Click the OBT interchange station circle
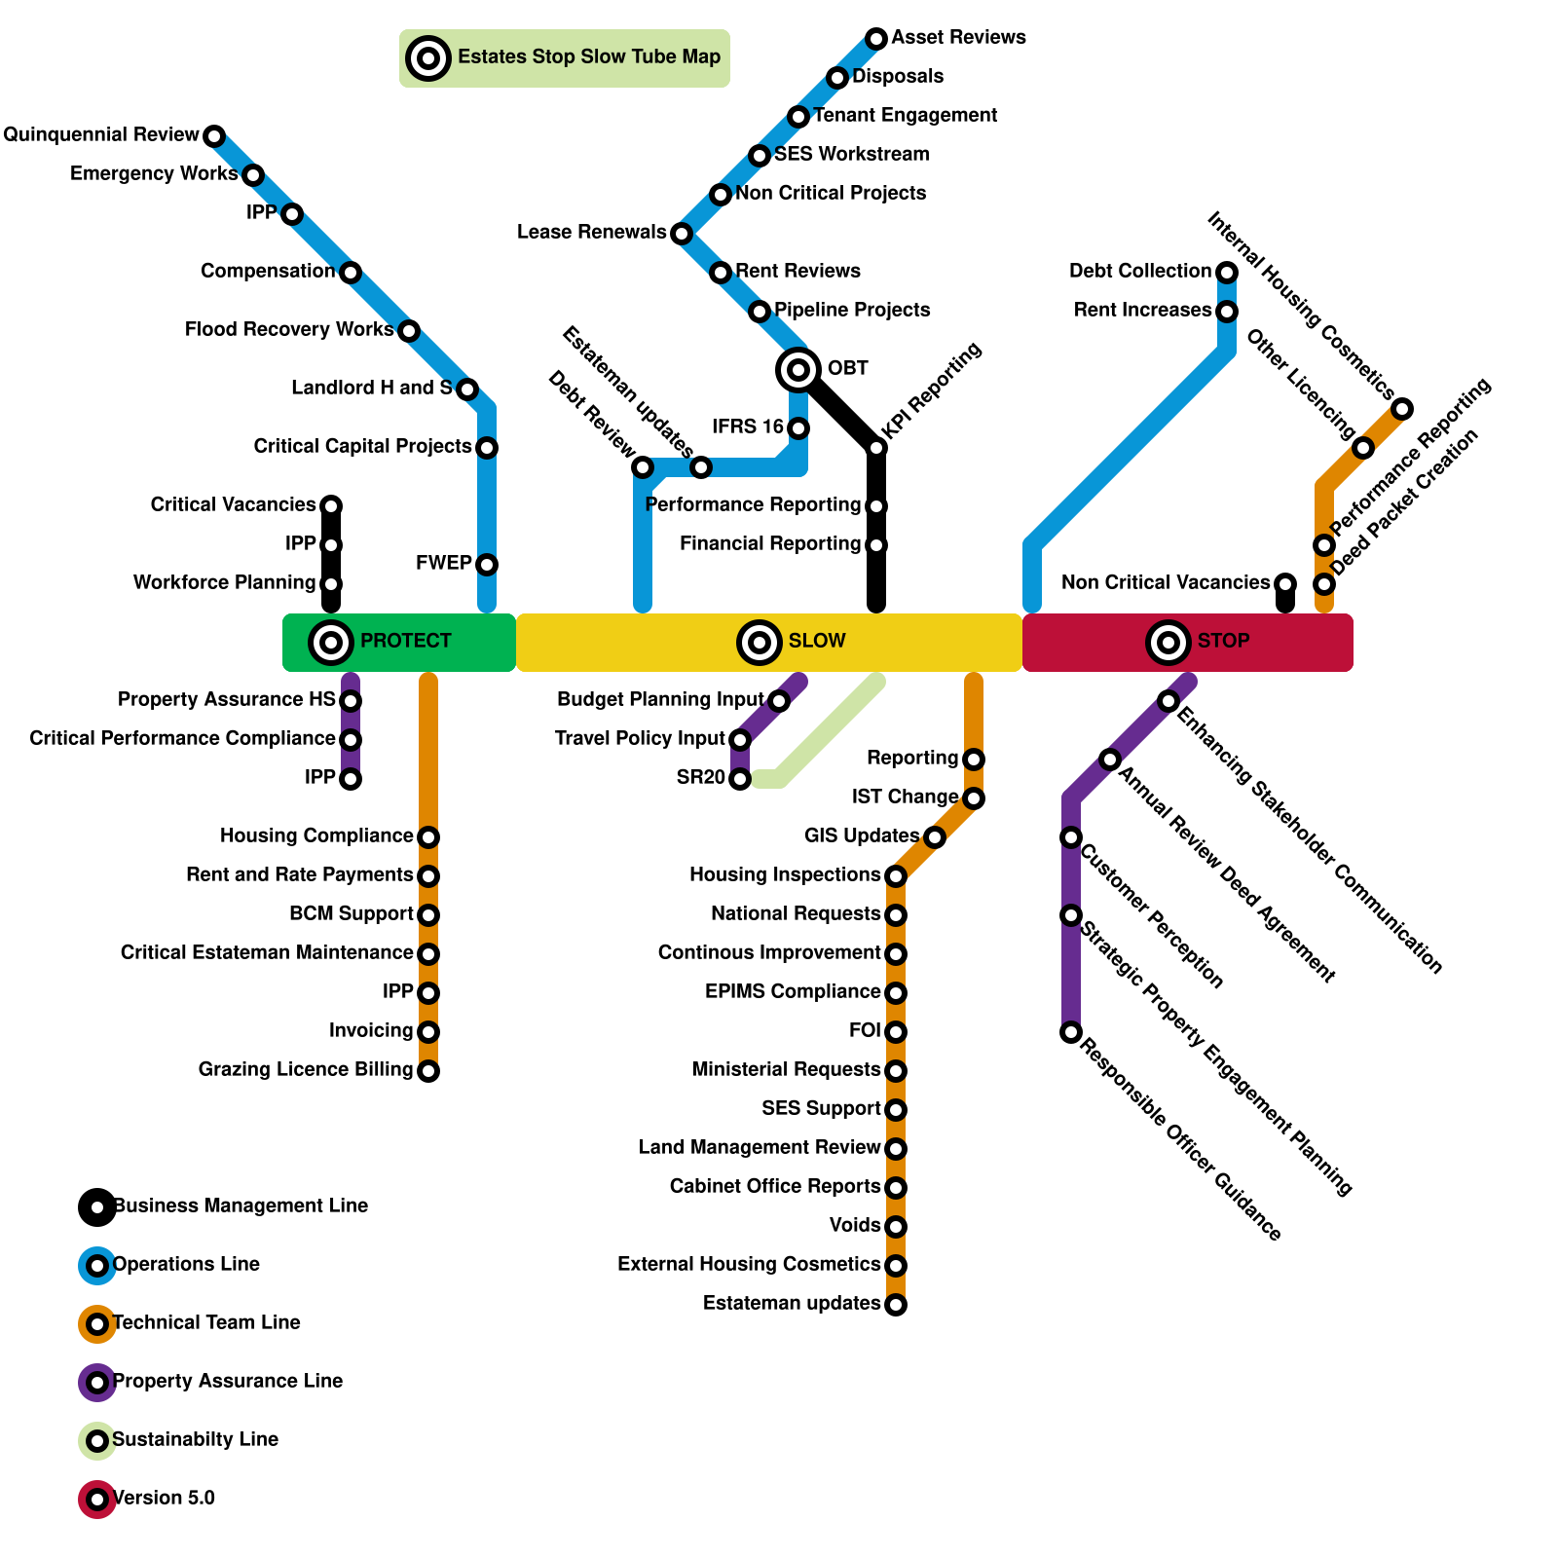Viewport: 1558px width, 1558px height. (x=798, y=369)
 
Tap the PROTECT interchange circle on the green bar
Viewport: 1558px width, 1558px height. (x=331, y=642)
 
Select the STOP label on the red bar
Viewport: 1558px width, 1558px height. (x=1223, y=641)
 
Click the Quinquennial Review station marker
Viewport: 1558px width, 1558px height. (x=214, y=135)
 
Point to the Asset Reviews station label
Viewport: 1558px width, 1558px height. (x=958, y=37)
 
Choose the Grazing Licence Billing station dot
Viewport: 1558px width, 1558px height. (x=428, y=1070)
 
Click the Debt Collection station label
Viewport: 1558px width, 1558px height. (x=1139, y=271)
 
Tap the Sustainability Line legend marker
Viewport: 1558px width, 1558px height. (x=97, y=1440)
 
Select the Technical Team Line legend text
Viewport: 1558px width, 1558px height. (x=206, y=1322)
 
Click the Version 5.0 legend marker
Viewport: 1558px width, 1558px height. (x=97, y=1499)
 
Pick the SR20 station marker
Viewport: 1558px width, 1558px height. (x=740, y=778)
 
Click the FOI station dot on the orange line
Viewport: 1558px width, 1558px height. (x=896, y=1031)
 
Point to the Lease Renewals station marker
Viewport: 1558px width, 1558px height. (x=682, y=233)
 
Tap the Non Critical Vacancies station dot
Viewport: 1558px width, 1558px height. (x=1285, y=583)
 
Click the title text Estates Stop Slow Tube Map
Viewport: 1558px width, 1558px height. (x=589, y=56)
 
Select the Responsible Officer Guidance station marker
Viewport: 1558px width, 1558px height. (x=1071, y=1031)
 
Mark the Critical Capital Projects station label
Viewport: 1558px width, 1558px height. (x=362, y=446)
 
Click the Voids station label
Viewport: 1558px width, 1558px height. (x=855, y=1225)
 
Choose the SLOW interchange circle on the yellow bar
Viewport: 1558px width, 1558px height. (x=760, y=642)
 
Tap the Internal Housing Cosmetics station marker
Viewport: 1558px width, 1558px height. (x=1402, y=408)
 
